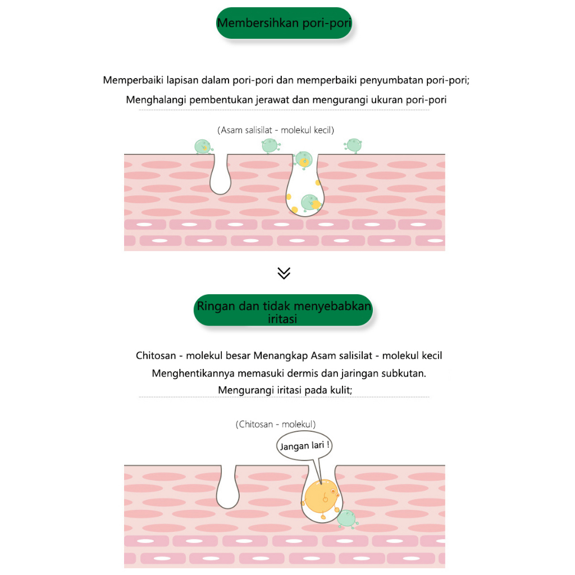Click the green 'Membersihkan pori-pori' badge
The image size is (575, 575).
point(284,24)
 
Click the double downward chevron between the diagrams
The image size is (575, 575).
point(284,273)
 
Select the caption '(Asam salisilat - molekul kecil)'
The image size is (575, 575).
point(276,130)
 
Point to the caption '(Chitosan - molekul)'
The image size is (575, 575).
point(276,425)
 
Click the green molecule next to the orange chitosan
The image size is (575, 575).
point(348,519)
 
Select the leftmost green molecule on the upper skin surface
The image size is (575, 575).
point(202,147)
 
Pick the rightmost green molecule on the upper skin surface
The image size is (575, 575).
point(353,145)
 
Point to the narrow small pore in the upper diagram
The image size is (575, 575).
point(220,176)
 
